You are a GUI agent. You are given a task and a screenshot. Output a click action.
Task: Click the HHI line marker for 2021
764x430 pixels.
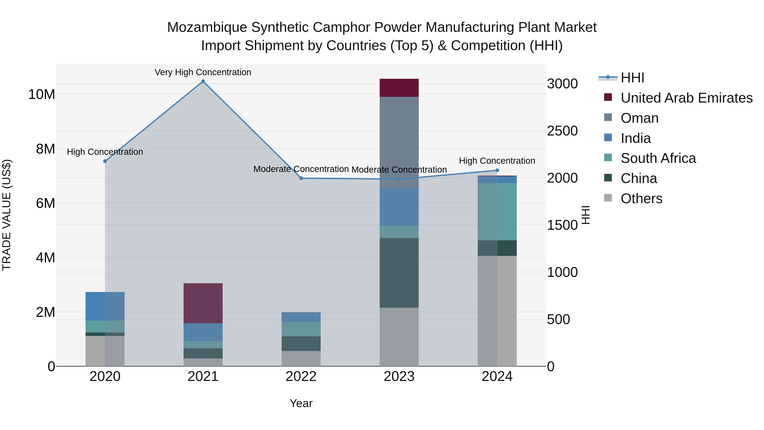[x=203, y=81]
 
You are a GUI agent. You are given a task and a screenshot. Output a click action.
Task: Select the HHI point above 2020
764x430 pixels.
[x=105, y=161]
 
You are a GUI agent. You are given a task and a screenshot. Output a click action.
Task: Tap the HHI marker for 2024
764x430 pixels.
[x=497, y=170]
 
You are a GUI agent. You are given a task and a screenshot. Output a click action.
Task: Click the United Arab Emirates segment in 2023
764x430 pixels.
[x=399, y=88]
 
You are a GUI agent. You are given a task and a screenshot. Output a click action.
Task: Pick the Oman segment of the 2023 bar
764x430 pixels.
[x=399, y=142]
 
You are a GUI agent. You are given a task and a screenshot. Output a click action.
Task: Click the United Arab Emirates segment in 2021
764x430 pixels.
[x=203, y=303]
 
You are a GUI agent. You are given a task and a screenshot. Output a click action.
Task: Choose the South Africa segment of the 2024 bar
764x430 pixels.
[x=497, y=211]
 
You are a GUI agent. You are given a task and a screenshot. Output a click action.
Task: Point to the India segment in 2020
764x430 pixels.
[x=105, y=306]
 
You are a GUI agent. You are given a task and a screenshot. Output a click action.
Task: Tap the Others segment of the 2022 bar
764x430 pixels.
[x=301, y=358]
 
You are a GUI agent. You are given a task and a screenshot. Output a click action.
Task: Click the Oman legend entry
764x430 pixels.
[x=639, y=118]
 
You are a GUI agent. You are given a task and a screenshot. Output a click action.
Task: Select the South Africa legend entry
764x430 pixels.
[x=658, y=158]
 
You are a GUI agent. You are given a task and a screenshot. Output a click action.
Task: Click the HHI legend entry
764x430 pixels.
[x=632, y=78]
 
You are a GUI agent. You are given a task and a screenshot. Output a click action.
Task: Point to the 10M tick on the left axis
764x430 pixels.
[x=42, y=94]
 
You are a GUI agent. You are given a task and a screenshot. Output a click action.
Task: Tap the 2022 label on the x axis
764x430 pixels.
[x=301, y=376]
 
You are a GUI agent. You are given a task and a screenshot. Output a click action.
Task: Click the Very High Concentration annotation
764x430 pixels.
[x=203, y=72]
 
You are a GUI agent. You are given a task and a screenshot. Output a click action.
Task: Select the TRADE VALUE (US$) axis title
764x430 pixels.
[x=7, y=215]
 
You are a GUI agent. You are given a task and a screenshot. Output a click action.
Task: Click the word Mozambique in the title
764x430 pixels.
[x=207, y=27]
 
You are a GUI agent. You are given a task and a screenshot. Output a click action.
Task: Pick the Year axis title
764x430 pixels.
[x=301, y=403]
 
